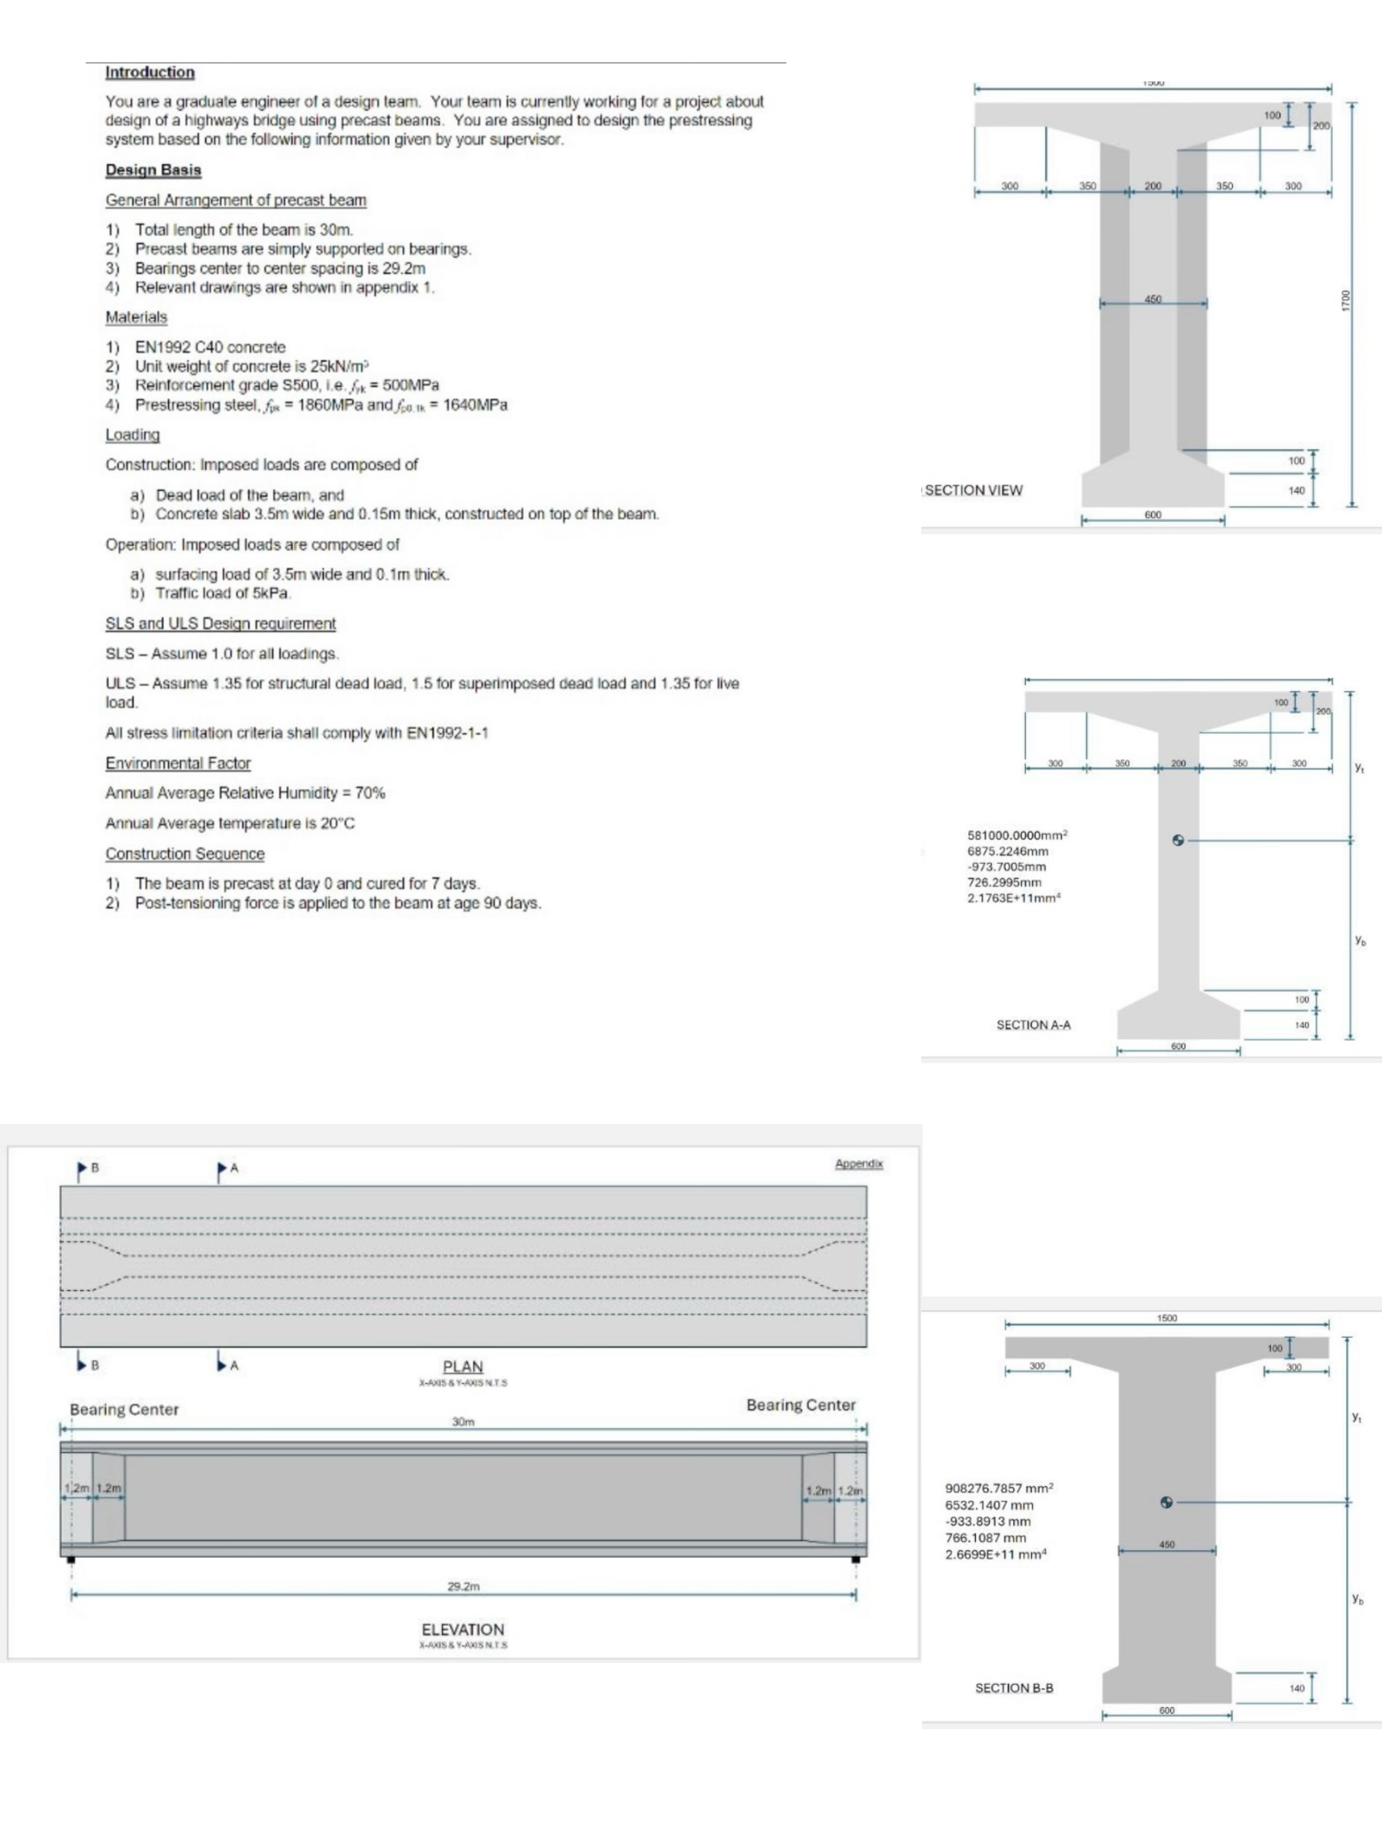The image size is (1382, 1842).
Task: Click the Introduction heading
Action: coord(150,72)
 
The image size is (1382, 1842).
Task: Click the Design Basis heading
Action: coord(153,170)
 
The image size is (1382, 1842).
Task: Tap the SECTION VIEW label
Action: coord(973,491)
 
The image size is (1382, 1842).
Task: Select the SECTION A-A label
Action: coord(1033,1025)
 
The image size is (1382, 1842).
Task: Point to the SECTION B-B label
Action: coord(1014,1688)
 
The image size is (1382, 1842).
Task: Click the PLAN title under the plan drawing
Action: coord(462,1367)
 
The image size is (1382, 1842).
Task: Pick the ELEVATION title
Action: coord(462,1630)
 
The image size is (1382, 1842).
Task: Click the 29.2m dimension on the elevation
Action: coord(463,1587)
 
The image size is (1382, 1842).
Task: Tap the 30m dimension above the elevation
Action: coord(463,1422)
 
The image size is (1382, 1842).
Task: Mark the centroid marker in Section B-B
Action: coord(1166,1502)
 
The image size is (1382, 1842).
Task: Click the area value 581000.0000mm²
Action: coord(1017,834)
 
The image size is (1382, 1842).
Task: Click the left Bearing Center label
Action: coord(124,1410)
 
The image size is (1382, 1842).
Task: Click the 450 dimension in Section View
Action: coord(1153,299)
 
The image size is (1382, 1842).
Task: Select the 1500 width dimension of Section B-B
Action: coord(1166,1318)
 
